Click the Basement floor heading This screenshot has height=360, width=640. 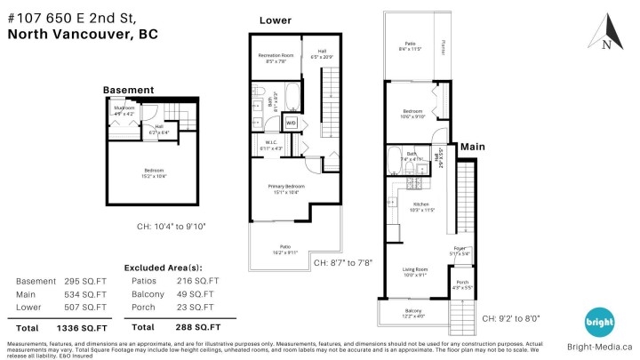tap(129, 90)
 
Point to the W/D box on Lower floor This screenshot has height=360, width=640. tap(291, 123)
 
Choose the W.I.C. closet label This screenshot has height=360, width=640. tap(272, 144)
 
